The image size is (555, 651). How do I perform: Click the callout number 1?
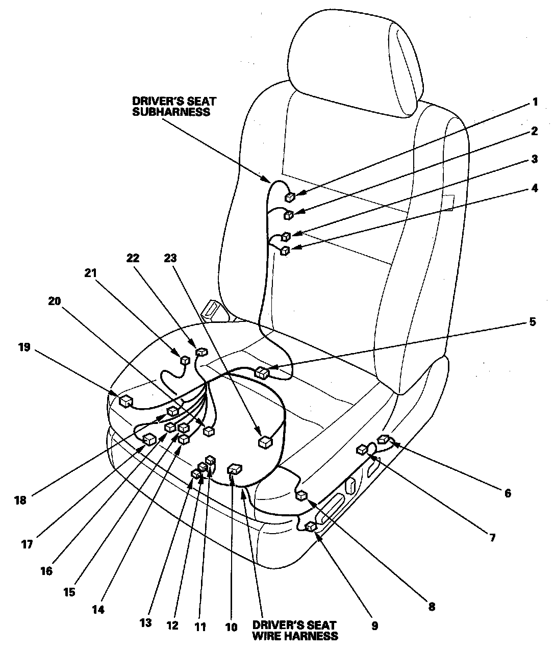click(535, 102)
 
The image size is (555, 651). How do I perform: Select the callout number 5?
click(533, 322)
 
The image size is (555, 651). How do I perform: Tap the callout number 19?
click(24, 347)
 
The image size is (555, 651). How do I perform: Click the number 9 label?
click(375, 626)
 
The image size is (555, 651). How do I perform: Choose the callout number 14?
click(98, 609)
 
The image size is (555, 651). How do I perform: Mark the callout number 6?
click(507, 493)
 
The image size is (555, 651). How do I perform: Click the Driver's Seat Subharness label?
click(171, 106)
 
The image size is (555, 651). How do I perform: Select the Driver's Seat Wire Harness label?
click(294, 631)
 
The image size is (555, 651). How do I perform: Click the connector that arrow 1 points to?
click(290, 197)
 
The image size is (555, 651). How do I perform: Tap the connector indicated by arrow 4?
click(285, 250)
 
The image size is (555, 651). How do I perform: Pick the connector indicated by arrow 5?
click(262, 373)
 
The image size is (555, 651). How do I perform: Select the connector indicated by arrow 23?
click(265, 442)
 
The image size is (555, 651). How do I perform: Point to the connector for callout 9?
click(310, 526)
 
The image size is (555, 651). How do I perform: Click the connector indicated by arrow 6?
click(384, 439)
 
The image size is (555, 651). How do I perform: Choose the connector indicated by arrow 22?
click(202, 352)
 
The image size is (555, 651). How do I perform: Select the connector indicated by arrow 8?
click(302, 494)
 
